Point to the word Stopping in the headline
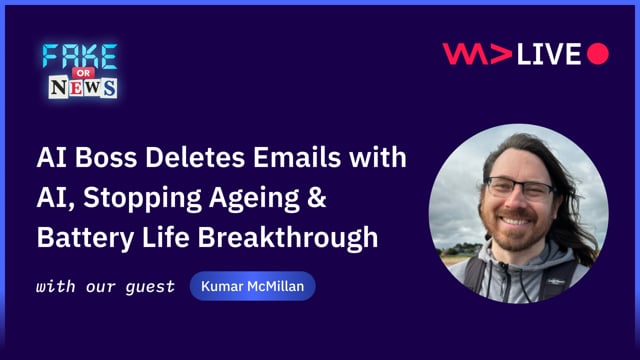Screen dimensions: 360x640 (x=135, y=200)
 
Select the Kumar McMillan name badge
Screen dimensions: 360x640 (x=253, y=288)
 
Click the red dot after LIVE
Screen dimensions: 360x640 (x=598, y=54)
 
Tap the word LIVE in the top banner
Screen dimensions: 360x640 (x=550, y=54)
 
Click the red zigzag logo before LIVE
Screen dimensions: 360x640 (x=477, y=54)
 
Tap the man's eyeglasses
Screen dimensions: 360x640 (x=519, y=189)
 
